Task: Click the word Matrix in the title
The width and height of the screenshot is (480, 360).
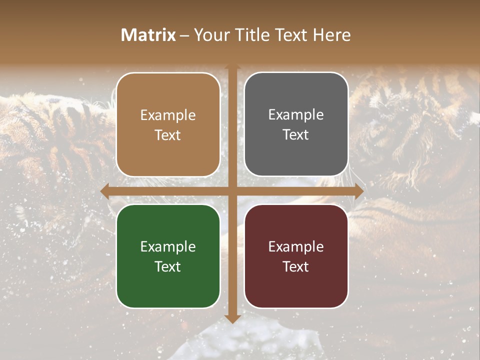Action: click(x=148, y=35)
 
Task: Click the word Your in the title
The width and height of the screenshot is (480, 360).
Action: click(x=210, y=35)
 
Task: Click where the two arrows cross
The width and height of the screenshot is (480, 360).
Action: click(x=232, y=191)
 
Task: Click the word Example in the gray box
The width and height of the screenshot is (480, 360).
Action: click(x=296, y=115)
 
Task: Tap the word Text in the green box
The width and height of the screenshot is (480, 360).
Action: click(x=168, y=266)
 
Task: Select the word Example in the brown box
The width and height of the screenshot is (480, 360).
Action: click(x=168, y=115)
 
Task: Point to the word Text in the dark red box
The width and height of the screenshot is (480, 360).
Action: click(x=296, y=266)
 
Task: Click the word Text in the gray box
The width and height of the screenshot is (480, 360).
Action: click(x=296, y=135)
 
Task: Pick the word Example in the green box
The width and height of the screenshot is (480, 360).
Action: click(x=168, y=247)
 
